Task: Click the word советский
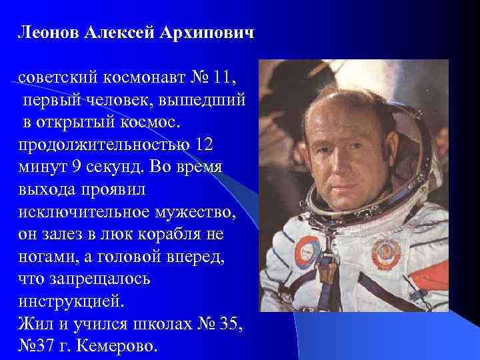coord(58,78)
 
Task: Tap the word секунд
coord(114,167)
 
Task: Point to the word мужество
coord(197,213)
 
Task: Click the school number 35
coord(229,325)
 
